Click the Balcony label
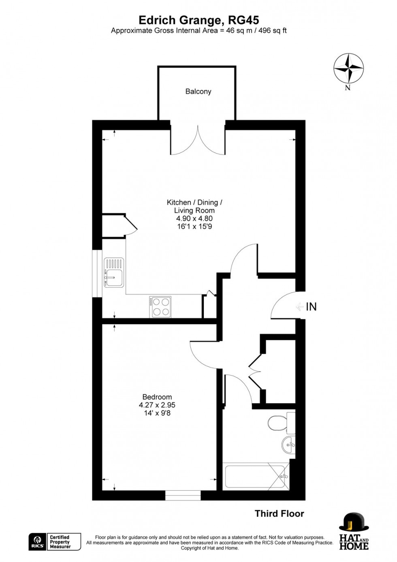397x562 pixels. (198, 92)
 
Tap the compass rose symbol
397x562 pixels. (348, 68)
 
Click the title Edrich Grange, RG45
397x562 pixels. (198, 20)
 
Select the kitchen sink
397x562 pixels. (114, 272)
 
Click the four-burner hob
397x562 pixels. (160, 307)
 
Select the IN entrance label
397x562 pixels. (311, 307)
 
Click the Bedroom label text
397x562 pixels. (157, 397)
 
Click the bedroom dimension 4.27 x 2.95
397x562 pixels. (157, 405)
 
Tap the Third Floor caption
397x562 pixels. (279, 514)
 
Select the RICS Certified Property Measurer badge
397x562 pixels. (55, 542)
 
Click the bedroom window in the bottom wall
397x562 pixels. (183, 495)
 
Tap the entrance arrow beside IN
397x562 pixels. (300, 307)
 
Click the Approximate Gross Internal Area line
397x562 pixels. (198, 31)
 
